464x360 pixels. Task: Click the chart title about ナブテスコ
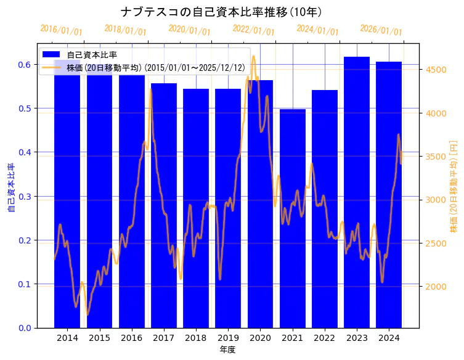pyautogui.click(x=221, y=12)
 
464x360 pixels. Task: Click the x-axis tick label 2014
pyautogui.click(x=67, y=338)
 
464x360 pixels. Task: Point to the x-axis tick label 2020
pyautogui.click(x=260, y=338)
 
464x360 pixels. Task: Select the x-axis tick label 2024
pyautogui.click(x=389, y=338)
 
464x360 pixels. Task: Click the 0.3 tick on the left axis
pyautogui.click(x=25, y=197)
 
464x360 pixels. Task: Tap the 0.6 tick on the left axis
pyautogui.click(x=25, y=65)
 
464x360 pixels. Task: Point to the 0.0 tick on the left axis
pyautogui.click(x=25, y=328)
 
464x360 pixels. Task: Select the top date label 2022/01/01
pyautogui.click(x=253, y=30)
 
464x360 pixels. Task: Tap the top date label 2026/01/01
pyautogui.click(x=381, y=30)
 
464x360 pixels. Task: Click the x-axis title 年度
pyautogui.click(x=227, y=350)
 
